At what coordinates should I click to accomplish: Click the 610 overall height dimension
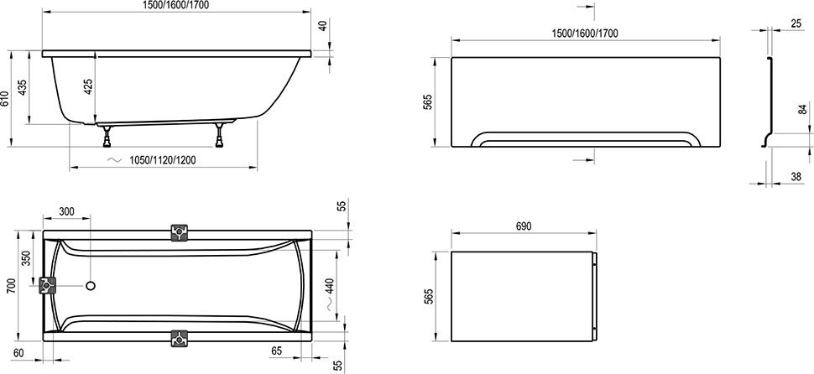tap(6, 99)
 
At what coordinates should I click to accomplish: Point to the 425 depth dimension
tap(89, 84)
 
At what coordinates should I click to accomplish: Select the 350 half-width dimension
tap(25, 258)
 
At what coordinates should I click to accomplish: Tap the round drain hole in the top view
tap(90, 287)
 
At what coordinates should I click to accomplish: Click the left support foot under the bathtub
tap(107, 134)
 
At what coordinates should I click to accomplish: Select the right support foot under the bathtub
tap(221, 134)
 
